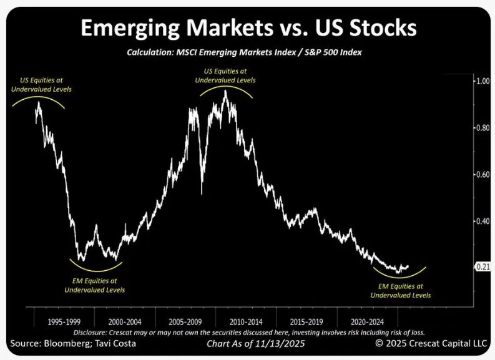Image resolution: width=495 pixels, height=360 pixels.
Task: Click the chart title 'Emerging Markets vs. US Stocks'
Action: click(247, 29)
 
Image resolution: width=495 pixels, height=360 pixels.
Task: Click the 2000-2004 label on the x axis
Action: click(125, 323)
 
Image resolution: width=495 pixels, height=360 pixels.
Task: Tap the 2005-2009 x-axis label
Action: click(185, 323)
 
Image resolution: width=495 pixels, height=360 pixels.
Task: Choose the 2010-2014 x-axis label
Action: click(247, 323)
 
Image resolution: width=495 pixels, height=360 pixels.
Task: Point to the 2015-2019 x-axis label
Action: click(307, 323)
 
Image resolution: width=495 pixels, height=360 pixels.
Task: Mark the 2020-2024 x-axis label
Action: click(368, 323)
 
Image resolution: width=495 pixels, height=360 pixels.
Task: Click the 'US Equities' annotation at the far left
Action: click(41, 85)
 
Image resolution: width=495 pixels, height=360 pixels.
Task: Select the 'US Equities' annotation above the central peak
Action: click(225, 75)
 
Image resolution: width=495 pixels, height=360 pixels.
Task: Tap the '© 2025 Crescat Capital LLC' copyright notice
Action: click(431, 343)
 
